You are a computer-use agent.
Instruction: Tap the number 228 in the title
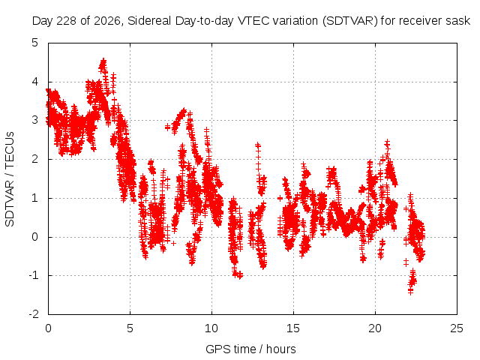(67, 21)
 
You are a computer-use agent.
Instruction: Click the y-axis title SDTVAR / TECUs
(10, 179)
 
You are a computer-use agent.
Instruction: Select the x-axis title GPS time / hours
(250, 349)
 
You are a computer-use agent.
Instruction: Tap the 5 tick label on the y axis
(35, 43)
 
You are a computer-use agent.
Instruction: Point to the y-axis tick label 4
(35, 82)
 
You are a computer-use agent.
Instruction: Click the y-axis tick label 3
(35, 120)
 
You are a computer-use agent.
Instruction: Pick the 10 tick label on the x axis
(211, 328)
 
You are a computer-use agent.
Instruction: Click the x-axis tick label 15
(293, 328)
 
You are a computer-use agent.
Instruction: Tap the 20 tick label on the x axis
(375, 328)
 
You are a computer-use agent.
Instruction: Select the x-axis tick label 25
(457, 328)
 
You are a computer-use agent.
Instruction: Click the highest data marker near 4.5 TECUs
(103, 61)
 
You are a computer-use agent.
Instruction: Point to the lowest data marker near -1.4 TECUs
(410, 292)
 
